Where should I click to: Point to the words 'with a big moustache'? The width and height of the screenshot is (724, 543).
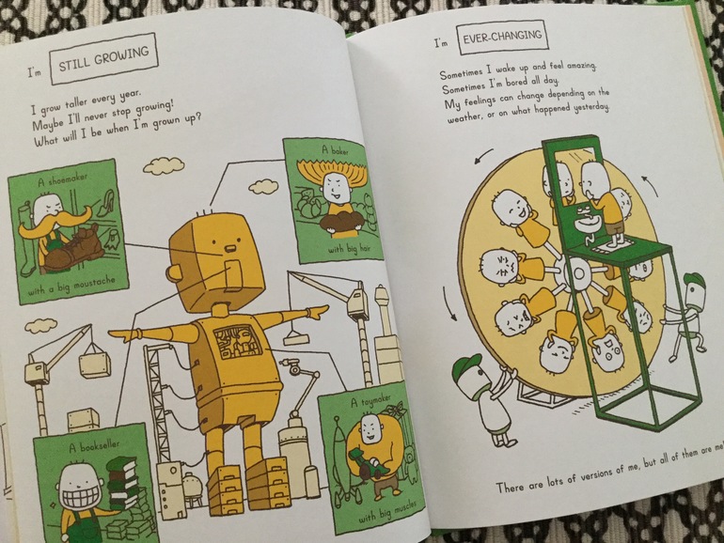click(71, 286)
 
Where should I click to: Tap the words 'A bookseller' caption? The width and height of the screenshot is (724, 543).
click(94, 446)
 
